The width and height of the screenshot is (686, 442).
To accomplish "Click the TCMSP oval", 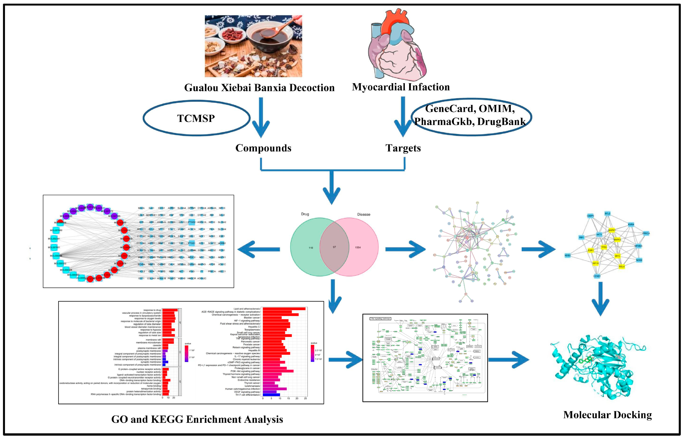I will coord(196,118).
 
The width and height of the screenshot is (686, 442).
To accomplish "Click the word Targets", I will coord(403,148).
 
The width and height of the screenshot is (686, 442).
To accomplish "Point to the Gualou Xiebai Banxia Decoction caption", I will coord(259,88).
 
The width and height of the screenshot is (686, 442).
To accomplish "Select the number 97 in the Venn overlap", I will coord(334,247).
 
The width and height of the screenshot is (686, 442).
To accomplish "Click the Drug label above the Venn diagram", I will coord(305,214).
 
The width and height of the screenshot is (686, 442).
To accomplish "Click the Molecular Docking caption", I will coord(607,415).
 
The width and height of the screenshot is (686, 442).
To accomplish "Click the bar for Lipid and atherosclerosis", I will coord(284,309).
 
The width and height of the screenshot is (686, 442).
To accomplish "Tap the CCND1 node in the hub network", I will coord(597,276).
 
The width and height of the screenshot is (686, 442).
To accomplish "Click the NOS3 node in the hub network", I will coord(567,255).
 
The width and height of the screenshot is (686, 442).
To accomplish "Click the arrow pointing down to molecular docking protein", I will coord(600,299).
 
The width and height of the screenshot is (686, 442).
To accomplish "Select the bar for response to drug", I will coord(170,310).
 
